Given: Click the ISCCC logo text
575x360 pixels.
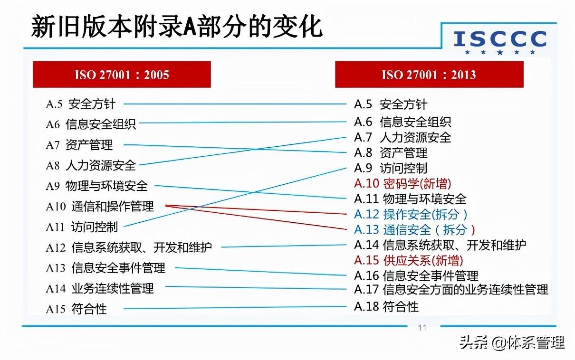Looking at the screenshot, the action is click(500, 39).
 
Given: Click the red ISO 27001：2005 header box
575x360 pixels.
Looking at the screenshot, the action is click(122, 75).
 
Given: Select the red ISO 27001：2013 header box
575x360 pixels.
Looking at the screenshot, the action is click(429, 75).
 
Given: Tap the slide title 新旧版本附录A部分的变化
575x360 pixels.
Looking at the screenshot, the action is click(177, 27).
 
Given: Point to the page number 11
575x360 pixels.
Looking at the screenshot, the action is click(422, 328).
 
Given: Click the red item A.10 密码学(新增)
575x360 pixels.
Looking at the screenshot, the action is click(402, 183).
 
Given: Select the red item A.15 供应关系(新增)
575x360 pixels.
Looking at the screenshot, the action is click(409, 260).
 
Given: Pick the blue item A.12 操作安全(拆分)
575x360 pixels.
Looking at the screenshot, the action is click(411, 214).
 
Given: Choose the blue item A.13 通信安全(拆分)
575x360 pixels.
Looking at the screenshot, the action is click(414, 230).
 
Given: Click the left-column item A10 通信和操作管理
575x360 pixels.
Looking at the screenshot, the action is click(100, 207).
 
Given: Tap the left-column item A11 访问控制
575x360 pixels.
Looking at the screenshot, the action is click(82, 227).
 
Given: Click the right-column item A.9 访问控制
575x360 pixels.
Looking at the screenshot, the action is click(391, 168).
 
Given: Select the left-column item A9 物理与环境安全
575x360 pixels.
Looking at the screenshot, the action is click(97, 186).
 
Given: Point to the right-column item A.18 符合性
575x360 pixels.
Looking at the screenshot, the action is click(386, 307).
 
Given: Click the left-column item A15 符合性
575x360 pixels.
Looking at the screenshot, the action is click(77, 309).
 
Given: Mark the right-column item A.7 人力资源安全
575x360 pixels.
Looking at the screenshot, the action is click(402, 137).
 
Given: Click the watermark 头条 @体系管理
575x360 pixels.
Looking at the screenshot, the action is click(512, 342).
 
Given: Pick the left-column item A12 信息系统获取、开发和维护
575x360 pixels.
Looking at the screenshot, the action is click(129, 247).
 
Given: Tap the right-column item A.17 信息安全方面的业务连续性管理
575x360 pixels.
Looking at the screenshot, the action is click(451, 289).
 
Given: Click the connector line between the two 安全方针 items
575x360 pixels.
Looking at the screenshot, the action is click(235, 104).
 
